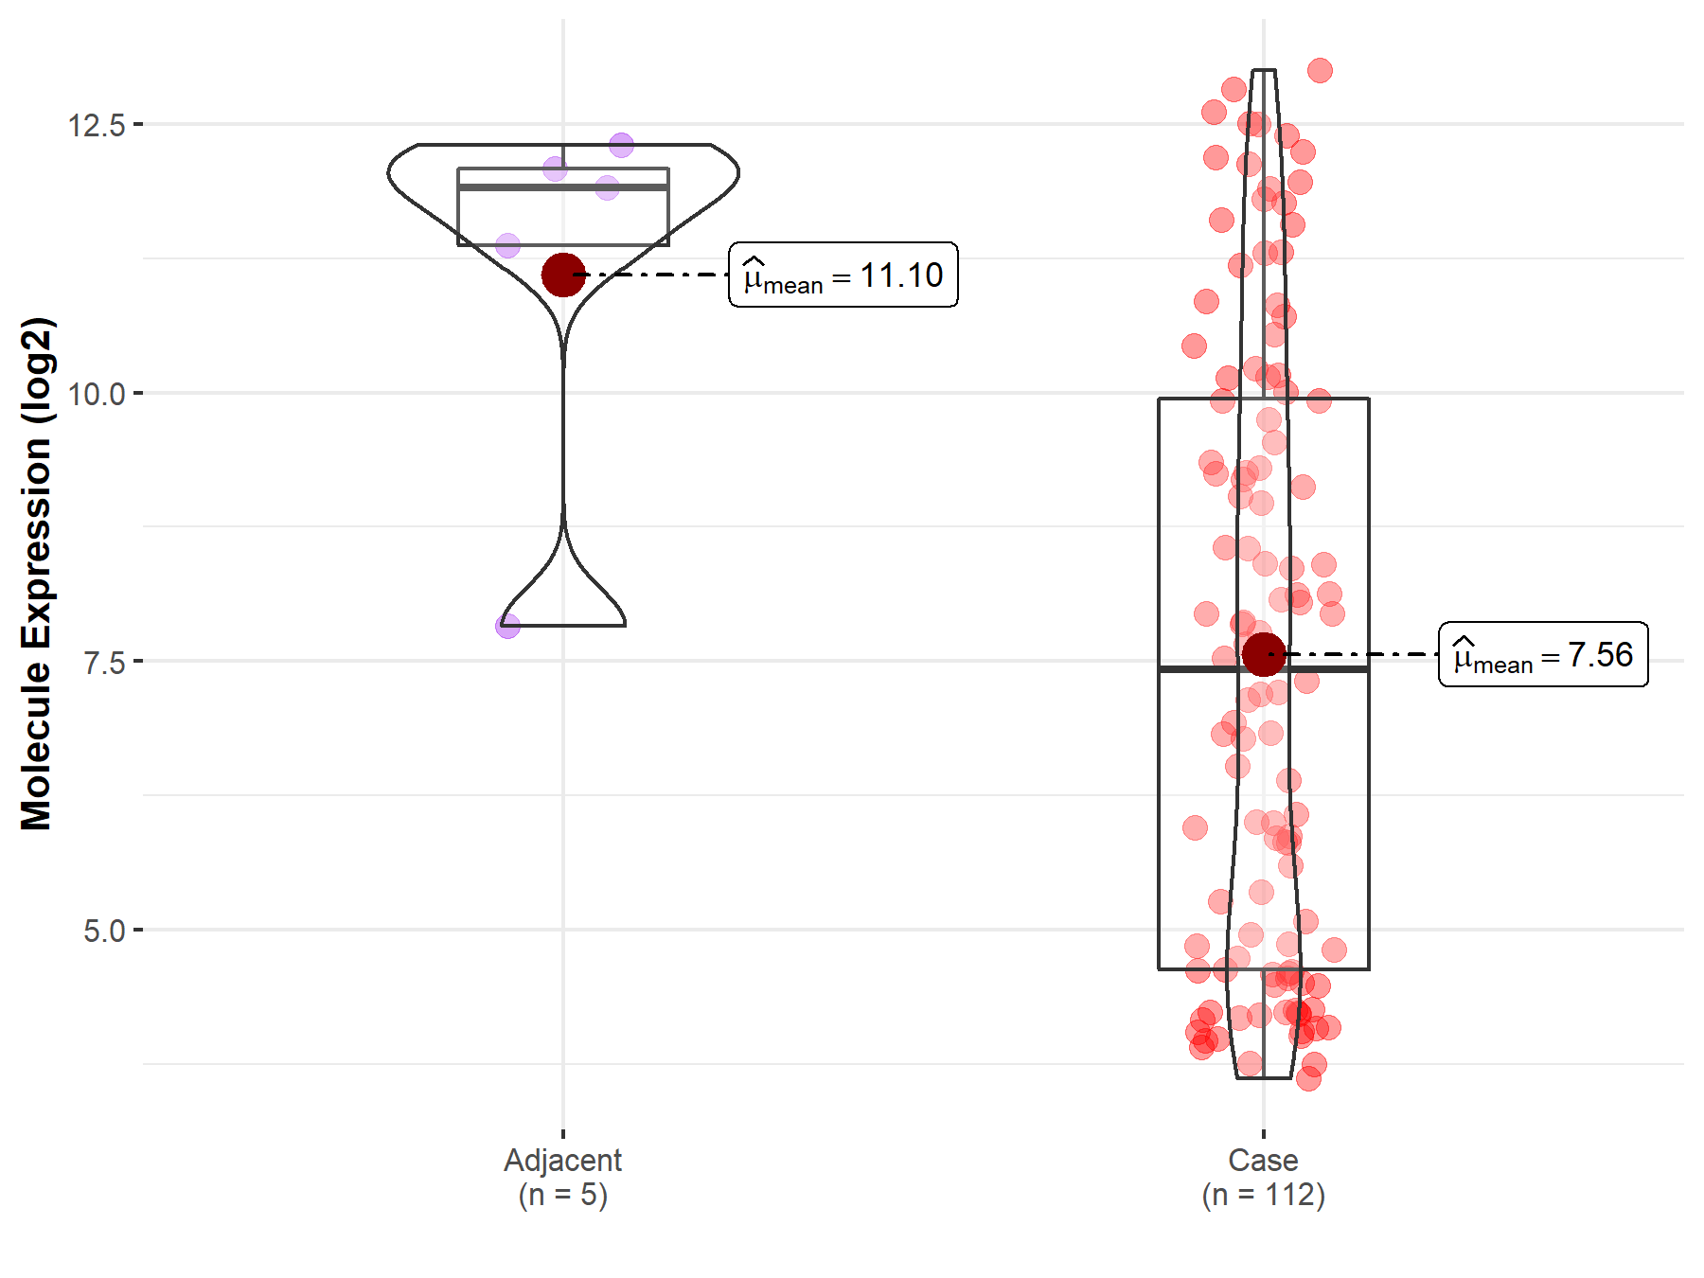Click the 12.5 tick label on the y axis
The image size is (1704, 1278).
tap(96, 125)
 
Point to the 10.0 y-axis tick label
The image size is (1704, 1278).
tap(96, 394)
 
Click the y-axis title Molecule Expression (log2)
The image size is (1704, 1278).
tap(36, 574)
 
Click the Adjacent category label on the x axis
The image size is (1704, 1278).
tap(562, 1160)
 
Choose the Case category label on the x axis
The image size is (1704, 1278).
tap(1263, 1160)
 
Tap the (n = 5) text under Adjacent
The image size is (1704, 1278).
tap(562, 1195)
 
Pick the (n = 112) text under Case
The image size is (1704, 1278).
tap(1263, 1195)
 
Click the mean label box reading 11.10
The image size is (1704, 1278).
tap(843, 275)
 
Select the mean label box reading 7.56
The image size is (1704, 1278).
tap(1543, 654)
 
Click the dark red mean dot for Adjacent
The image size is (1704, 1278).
tap(563, 275)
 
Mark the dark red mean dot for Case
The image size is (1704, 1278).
tap(1264, 654)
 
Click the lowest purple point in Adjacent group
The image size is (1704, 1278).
tap(507, 626)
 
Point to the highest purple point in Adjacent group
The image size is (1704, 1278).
tap(621, 145)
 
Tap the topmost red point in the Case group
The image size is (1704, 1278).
tap(1320, 70)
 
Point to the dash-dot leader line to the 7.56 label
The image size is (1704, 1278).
tap(1363, 654)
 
